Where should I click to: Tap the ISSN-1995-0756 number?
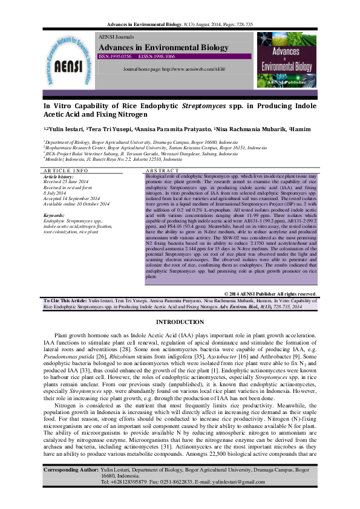coord(115,56)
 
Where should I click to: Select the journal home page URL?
coord(174,70)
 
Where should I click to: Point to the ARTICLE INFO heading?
coord(66,171)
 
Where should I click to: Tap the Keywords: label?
coord(57,215)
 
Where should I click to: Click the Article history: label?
coord(62,176)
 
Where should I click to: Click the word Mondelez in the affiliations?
coord(55,158)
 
